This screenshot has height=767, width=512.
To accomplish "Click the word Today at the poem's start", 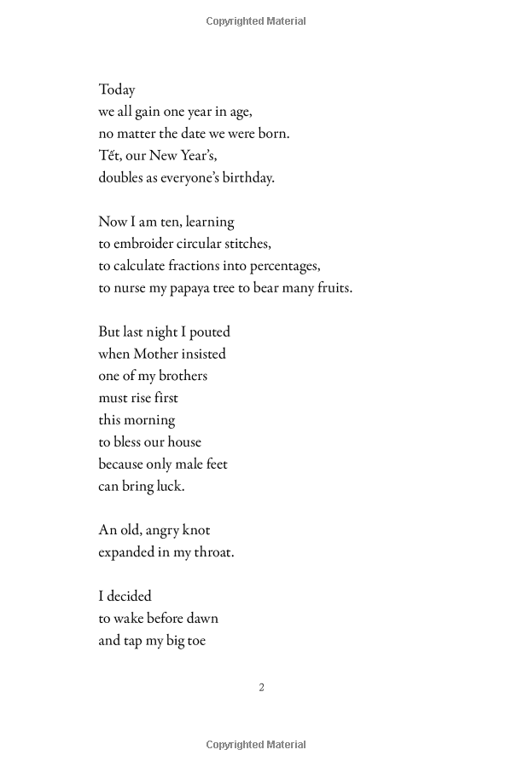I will click(x=117, y=89).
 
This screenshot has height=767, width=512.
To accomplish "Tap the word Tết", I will click(x=109, y=155).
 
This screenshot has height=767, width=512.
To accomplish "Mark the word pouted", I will click(x=207, y=332).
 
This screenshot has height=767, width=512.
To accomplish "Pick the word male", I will click(x=189, y=464).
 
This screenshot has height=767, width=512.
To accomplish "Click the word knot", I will click(x=194, y=530).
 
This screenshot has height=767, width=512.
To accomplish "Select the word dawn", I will click(x=201, y=619).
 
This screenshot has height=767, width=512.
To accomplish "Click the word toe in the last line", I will click(x=195, y=641).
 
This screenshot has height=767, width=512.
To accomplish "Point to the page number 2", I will click(x=261, y=688).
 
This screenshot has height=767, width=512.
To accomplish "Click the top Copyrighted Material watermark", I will click(x=256, y=21).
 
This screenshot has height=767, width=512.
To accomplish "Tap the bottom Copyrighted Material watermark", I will click(x=256, y=745).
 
